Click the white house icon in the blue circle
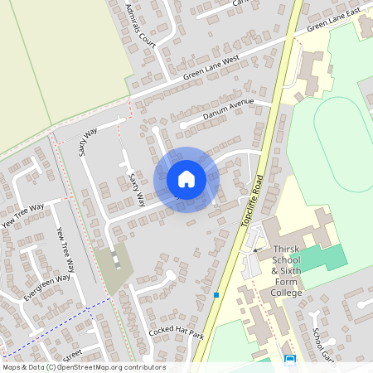186,178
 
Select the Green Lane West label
211,66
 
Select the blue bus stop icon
290,360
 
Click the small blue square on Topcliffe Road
216,294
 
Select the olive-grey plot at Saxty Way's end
114,265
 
